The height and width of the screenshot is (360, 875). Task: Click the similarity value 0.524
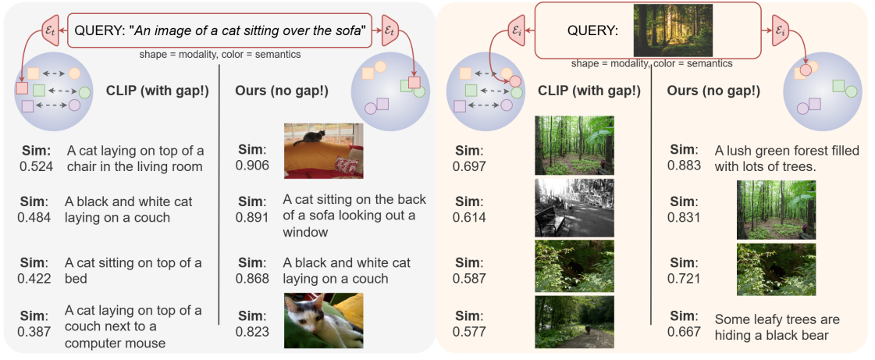click(x=32, y=166)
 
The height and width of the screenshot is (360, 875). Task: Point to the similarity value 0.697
click(x=470, y=166)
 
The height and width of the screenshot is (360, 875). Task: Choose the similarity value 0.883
click(x=683, y=165)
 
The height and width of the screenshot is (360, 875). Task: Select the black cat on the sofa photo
click(x=323, y=151)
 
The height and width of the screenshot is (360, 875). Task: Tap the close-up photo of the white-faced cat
click(x=323, y=320)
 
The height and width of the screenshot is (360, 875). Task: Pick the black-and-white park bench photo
click(x=574, y=207)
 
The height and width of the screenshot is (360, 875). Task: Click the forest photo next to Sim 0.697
click(x=574, y=145)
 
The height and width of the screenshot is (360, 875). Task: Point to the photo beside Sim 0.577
click(x=574, y=322)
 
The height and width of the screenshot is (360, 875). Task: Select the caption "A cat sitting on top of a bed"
click(x=133, y=270)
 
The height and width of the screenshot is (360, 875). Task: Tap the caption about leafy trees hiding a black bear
click(x=777, y=326)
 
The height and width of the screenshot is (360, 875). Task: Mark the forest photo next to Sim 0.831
click(x=776, y=209)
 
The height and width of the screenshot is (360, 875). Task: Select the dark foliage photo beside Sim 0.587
click(x=574, y=266)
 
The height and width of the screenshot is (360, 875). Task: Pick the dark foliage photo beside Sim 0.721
click(x=776, y=269)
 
